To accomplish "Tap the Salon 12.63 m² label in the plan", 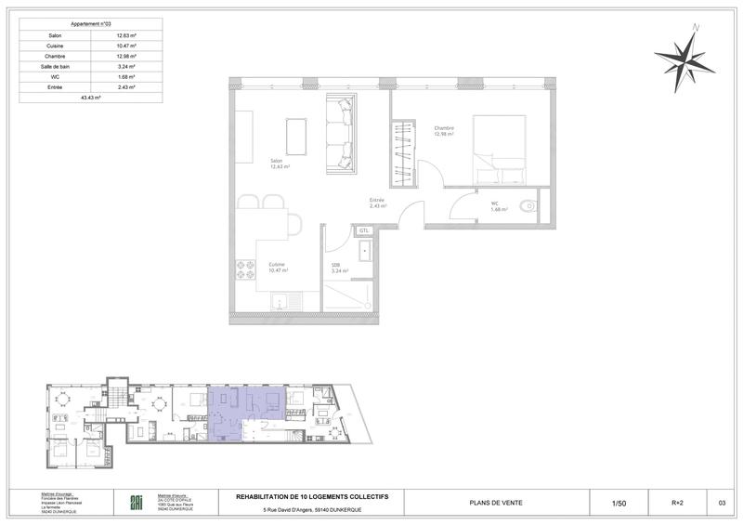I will pos(280,164).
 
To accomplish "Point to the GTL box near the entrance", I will pos(364,230).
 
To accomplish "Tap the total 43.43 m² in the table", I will pos(90,97).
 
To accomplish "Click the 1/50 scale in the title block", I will pos(619,504).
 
